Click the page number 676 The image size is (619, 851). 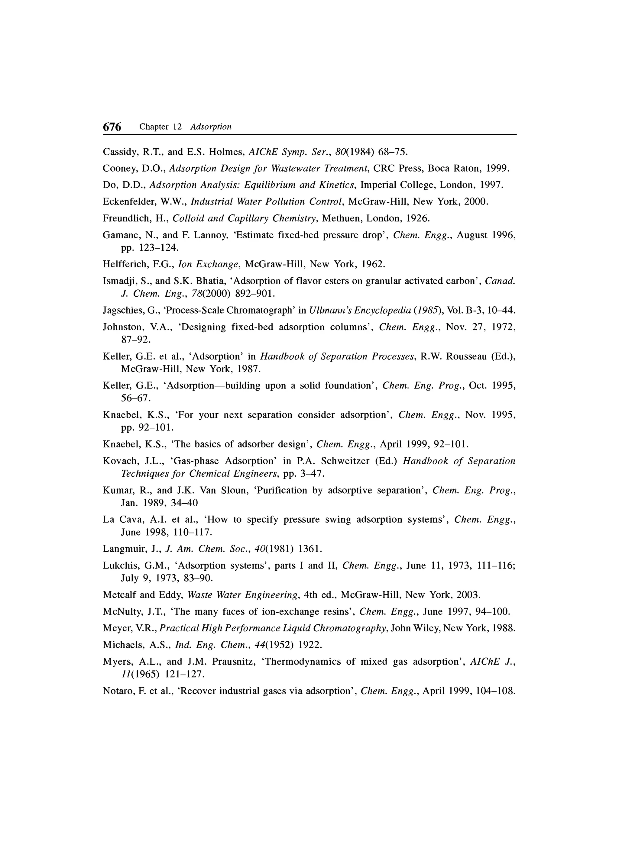coord(112,127)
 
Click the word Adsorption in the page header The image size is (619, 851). coord(211,127)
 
